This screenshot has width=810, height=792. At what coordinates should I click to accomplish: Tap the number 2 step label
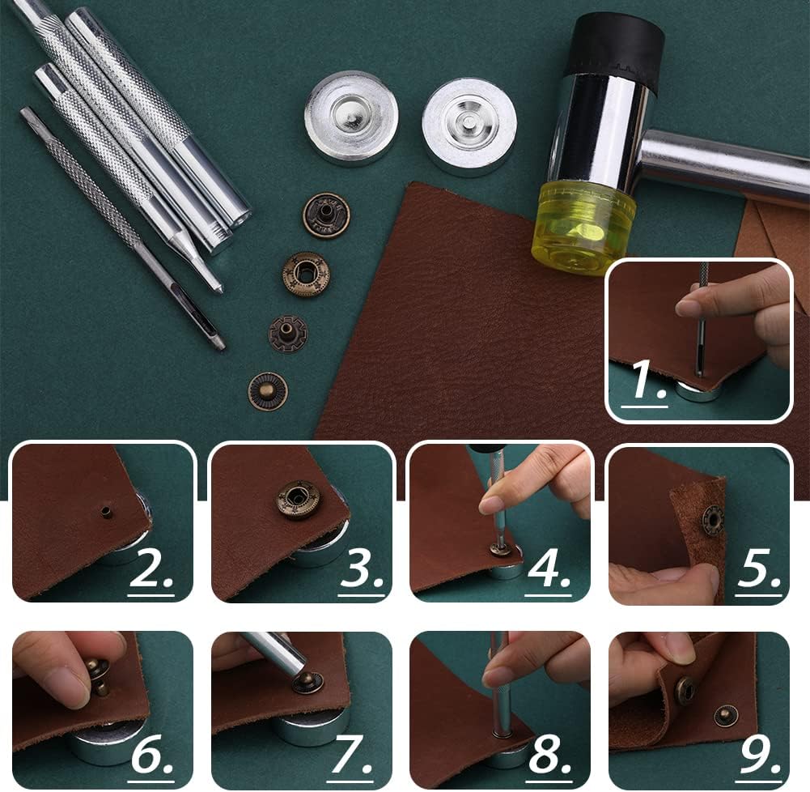[151, 571]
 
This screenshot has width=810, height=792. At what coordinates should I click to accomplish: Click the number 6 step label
[153, 754]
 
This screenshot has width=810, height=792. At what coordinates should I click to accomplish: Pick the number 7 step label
[352, 754]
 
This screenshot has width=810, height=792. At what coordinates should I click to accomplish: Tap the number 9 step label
[759, 754]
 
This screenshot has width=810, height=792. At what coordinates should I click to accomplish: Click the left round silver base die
[351, 117]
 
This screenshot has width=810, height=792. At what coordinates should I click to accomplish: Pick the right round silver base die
[469, 126]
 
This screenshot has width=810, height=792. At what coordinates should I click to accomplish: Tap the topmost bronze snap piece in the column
[326, 215]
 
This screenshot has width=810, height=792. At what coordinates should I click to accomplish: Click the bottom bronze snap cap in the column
[267, 391]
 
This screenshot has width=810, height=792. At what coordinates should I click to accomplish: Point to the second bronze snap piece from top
[306, 275]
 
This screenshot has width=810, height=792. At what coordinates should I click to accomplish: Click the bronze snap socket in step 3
[299, 500]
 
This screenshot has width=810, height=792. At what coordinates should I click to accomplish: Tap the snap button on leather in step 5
[713, 518]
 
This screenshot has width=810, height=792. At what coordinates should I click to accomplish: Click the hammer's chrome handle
[720, 166]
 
